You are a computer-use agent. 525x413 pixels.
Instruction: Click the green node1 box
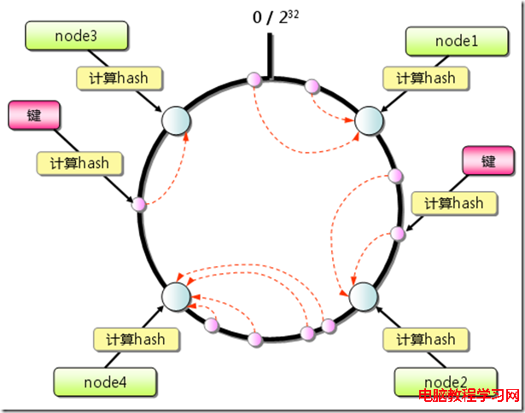pos(457,41)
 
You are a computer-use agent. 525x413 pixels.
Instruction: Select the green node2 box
pos(446,382)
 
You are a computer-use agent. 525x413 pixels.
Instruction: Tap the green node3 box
pos(76,36)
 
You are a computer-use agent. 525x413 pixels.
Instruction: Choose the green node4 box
pos(105,382)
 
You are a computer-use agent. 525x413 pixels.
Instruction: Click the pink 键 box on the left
pos(34,115)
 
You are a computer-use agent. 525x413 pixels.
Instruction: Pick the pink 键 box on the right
pos(488,160)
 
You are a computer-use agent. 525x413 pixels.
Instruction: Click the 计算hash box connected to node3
pos(119,79)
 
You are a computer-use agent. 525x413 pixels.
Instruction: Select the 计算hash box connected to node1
pos(426,79)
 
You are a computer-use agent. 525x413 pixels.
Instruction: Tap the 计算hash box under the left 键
pos(79,163)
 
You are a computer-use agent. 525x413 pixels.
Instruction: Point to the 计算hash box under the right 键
pos(454,203)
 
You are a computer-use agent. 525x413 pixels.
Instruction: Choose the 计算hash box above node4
pos(136,340)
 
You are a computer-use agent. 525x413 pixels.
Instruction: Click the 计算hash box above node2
pos(426,340)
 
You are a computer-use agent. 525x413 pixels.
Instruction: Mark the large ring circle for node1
pos(369,121)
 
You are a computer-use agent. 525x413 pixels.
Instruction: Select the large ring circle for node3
pos(176,121)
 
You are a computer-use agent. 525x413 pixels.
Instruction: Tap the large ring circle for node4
pos(176,297)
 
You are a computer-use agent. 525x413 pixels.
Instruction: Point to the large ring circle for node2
pos(364,297)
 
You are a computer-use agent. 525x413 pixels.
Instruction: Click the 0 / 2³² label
pos(275,17)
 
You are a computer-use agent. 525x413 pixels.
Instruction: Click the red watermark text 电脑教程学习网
pos(469,396)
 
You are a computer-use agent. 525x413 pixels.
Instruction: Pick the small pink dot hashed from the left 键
pos(138,204)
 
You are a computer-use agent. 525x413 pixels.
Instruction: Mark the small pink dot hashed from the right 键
pos(398,234)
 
